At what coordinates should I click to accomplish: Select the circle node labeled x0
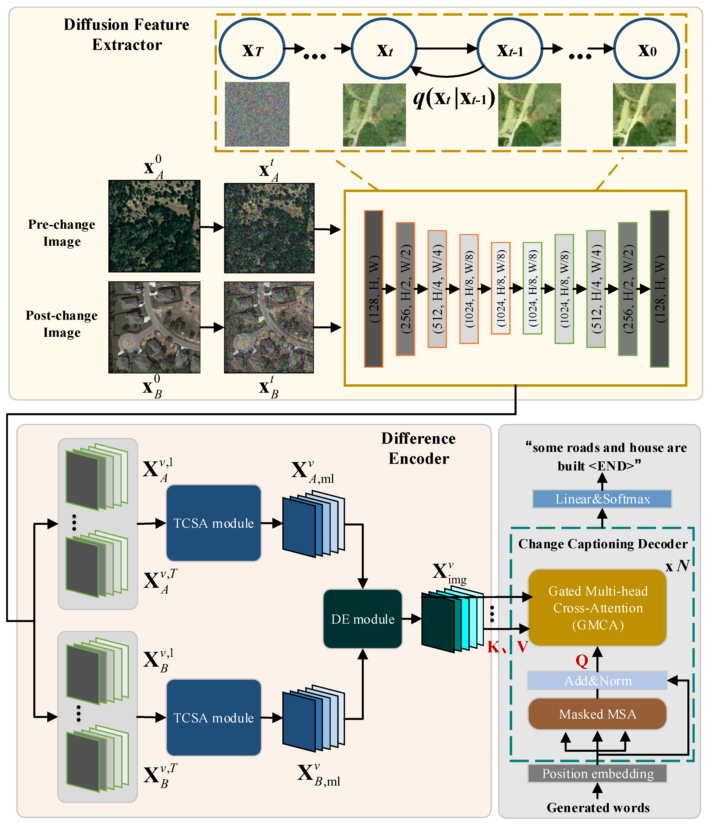click(647, 49)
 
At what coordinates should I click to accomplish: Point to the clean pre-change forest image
click(154, 226)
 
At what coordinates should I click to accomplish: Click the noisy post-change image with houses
click(269, 327)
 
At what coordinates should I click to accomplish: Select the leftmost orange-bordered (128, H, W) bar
click(373, 289)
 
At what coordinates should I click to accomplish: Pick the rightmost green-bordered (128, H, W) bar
click(659, 289)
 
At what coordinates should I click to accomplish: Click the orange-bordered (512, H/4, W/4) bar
click(437, 289)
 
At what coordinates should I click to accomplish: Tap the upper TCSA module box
click(213, 523)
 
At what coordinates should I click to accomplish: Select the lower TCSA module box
click(213, 718)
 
